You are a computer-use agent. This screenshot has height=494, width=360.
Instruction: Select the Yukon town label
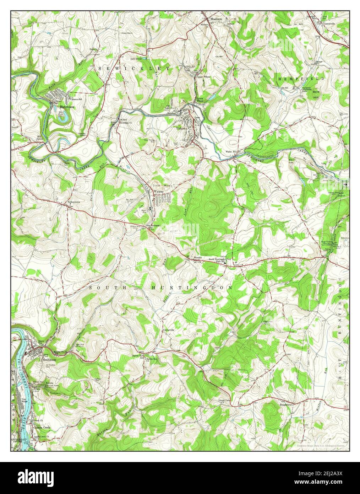point(180,129)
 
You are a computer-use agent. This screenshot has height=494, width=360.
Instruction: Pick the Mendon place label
point(198,258)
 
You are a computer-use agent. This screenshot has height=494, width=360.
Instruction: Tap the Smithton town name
point(49,360)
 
